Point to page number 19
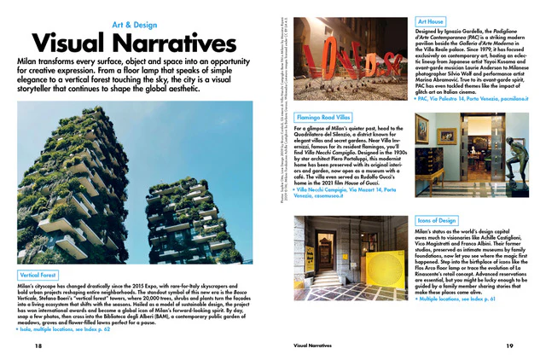[x=509, y=346]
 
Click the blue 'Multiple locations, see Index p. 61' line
[x=458, y=301]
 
